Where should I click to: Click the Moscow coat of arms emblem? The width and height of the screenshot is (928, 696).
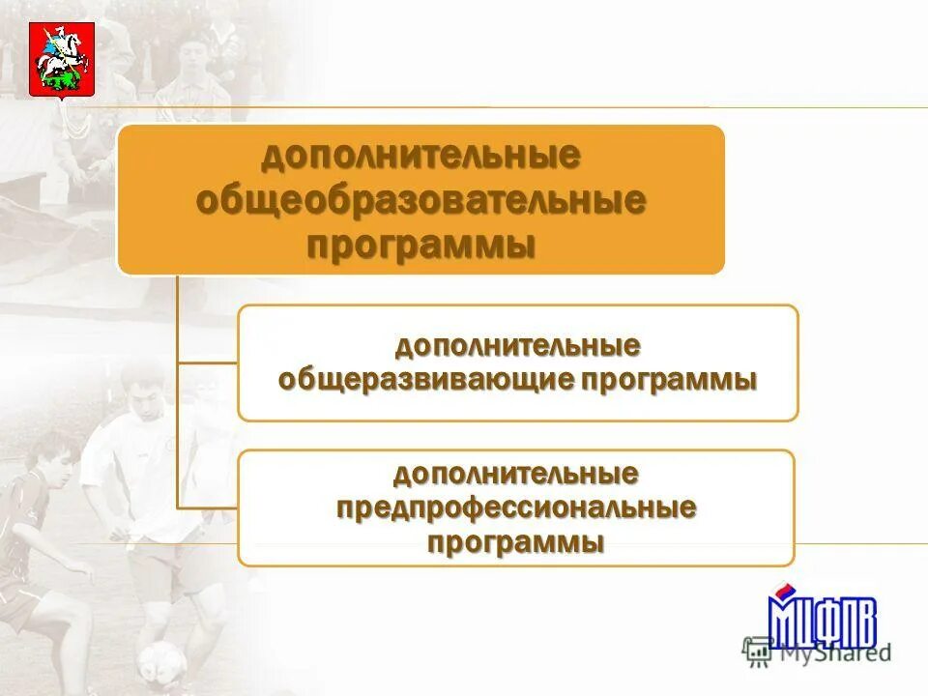coord(61,60)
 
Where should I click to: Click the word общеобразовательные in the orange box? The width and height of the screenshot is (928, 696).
coord(420,201)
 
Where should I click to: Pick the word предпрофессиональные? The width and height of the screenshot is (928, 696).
coord(516,507)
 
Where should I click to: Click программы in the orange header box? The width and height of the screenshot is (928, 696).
coord(420,245)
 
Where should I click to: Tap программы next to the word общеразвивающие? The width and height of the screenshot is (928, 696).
coord(669,379)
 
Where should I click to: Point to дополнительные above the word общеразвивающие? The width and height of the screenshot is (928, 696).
coord(516,345)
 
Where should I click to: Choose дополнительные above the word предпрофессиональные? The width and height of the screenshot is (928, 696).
coord(516,474)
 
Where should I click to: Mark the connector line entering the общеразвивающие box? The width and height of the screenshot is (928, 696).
coord(207,363)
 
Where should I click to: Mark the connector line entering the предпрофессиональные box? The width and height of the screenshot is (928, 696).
coord(207,507)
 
